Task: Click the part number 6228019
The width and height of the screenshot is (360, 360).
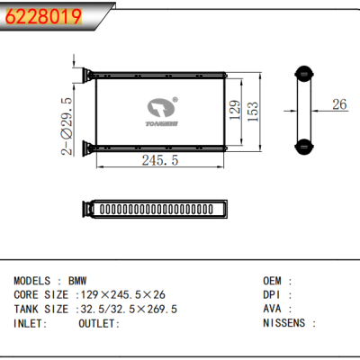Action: click(x=43, y=15)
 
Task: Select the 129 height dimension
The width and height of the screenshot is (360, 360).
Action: click(x=233, y=111)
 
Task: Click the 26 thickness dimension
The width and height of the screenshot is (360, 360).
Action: click(x=338, y=105)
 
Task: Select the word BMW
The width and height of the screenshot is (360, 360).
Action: click(x=78, y=281)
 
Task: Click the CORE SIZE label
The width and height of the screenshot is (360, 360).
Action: click(x=40, y=294)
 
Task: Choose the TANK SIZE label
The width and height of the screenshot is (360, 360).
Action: click(x=40, y=308)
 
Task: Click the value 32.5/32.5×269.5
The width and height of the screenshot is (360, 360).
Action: click(x=130, y=308)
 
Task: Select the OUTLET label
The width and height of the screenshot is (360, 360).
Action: click(x=97, y=322)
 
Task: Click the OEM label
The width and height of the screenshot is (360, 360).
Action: click(x=273, y=281)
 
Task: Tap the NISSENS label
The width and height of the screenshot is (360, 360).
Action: click(x=283, y=322)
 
